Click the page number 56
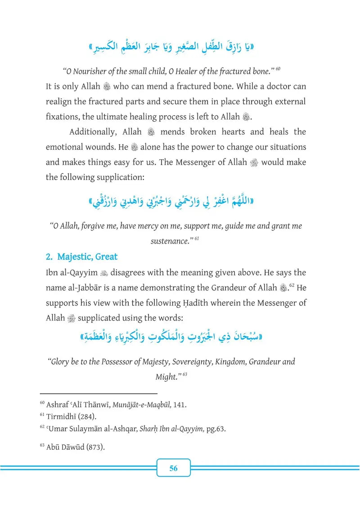[174, 468]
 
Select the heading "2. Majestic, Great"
[81, 257]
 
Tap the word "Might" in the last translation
[166, 377]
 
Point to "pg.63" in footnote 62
[215, 429]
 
